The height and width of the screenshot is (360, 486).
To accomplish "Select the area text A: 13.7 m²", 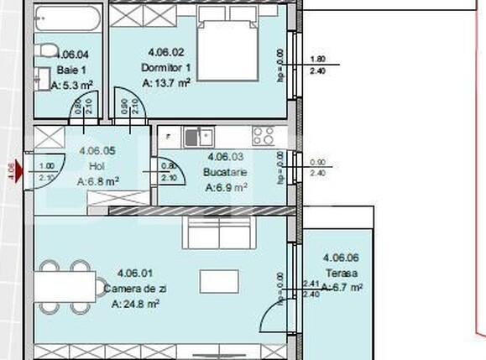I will (x=169, y=83).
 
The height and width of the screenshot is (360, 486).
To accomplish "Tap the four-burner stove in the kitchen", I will (x=263, y=135).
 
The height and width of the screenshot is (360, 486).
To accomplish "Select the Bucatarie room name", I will (x=223, y=172).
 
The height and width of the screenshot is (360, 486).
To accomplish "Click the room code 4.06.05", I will (x=97, y=152).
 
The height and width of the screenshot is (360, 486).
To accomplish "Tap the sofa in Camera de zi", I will (x=218, y=233).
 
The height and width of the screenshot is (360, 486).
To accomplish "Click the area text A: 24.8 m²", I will (x=135, y=304).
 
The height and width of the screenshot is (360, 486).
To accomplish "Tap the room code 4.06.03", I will (x=224, y=157).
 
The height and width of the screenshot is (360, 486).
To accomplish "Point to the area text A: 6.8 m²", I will (x=97, y=180).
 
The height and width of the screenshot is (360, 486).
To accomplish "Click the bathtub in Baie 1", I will (x=67, y=17).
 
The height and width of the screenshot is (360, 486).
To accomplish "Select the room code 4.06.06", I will (x=341, y=258).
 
